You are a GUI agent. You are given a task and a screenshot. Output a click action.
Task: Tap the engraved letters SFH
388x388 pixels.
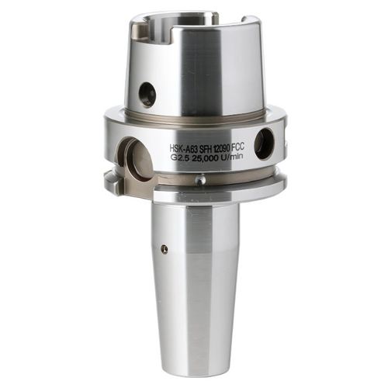211,145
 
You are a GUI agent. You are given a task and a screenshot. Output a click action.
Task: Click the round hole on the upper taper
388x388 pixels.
147,95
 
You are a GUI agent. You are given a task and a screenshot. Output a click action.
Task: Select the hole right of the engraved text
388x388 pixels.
264,144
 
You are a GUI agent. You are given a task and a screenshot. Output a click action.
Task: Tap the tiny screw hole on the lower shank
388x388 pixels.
164,249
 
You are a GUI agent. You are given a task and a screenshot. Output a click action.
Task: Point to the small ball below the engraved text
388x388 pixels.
200,180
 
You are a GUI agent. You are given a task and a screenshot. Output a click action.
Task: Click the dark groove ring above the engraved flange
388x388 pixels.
194,119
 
